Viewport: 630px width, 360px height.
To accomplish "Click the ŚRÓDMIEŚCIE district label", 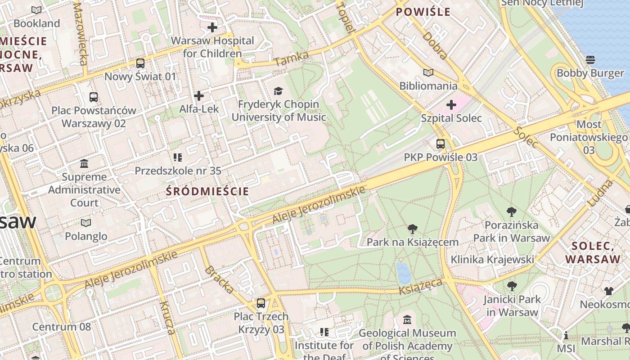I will coord(207,191).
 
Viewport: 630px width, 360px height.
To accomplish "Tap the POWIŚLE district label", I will coord(423,12).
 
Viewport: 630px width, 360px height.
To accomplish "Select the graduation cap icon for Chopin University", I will coord(279,91).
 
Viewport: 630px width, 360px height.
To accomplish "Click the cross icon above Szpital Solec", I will coord(451,105).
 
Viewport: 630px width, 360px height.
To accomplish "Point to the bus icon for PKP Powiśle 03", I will coord(440,144).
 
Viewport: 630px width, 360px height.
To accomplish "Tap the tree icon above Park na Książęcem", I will coord(412,229).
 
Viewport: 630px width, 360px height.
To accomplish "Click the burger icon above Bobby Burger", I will coord(590,60).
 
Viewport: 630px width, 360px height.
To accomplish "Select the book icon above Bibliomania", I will coord(428,72).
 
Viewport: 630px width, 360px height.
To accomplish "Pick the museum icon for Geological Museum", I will coord(407,320).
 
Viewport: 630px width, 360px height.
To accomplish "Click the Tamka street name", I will coord(292,58).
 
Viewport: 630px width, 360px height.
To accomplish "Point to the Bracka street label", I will coord(219,279).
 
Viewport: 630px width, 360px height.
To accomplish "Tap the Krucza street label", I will coord(167,318).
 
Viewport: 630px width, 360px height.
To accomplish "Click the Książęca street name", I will coord(421,286).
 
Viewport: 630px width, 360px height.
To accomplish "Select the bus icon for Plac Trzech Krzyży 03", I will coord(261,303).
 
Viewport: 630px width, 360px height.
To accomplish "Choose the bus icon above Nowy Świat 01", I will coord(140,63).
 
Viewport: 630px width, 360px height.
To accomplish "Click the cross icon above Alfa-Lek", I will coord(199,96).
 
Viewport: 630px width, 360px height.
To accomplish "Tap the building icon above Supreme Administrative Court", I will coord(84,163).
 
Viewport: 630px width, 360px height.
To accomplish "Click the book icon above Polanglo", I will coord(86,223).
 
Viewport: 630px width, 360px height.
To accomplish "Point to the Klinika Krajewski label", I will coord(492,260).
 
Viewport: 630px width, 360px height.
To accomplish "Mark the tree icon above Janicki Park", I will coord(512,286).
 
